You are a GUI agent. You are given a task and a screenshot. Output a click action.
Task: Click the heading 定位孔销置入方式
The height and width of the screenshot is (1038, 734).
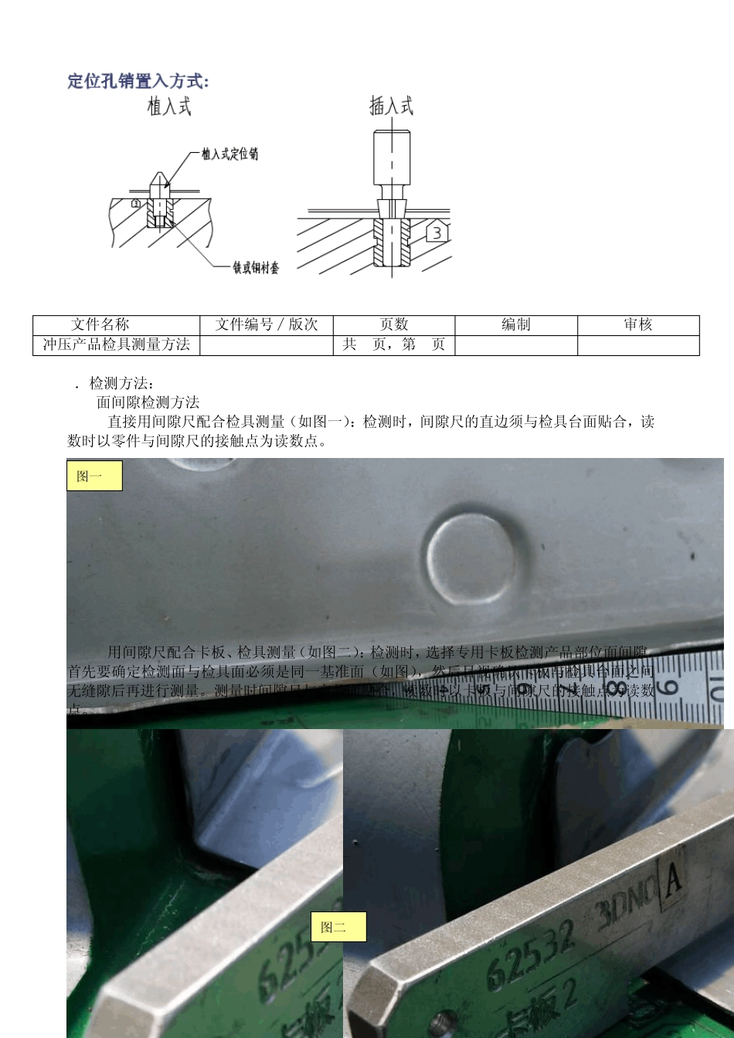(x=138, y=81)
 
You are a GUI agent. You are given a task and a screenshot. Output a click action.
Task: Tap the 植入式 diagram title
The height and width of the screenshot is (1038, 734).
(x=169, y=106)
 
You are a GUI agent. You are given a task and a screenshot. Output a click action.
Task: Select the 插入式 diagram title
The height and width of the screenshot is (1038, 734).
(x=391, y=106)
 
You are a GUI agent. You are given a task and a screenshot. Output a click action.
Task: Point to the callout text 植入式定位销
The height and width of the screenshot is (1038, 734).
(x=229, y=154)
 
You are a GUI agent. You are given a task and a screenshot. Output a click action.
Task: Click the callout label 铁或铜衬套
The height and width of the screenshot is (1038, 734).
(x=256, y=267)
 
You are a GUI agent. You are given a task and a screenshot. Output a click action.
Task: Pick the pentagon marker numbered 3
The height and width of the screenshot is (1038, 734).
(x=437, y=232)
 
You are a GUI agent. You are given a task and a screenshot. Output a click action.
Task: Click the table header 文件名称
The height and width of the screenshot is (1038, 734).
(x=100, y=324)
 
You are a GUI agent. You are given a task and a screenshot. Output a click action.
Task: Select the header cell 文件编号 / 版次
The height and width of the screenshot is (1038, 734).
(x=266, y=324)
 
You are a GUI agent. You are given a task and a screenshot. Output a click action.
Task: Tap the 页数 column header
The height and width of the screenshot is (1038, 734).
(x=393, y=324)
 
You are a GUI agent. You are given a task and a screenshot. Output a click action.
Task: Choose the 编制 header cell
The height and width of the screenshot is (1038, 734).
(x=515, y=324)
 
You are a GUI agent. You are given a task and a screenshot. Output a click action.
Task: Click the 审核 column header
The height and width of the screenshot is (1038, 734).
(x=638, y=324)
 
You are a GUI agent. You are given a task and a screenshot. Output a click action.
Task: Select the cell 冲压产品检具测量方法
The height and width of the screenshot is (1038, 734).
(x=116, y=344)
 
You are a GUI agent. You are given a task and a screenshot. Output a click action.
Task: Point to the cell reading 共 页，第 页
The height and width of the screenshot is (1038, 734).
(x=393, y=344)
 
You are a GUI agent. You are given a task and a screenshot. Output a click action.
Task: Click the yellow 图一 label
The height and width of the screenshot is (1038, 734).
(x=94, y=476)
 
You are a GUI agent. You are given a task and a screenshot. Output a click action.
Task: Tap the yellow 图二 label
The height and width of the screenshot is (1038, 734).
(x=338, y=927)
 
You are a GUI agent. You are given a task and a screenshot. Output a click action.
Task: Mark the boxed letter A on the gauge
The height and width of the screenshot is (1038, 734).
(x=672, y=880)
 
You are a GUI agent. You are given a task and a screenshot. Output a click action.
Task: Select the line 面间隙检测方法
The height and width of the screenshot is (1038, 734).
(x=148, y=402)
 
